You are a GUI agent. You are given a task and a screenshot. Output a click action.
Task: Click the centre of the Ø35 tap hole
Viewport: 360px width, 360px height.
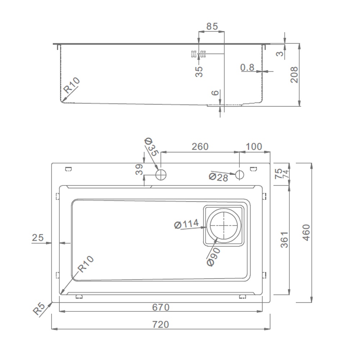point(161,175)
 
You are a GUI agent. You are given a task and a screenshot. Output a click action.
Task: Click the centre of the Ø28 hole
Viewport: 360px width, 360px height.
point(239,175)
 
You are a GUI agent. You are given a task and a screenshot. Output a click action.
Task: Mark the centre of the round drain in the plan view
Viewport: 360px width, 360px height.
point(224,225)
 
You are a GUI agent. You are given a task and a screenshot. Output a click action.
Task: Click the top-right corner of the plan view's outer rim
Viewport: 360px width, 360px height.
point(270,163)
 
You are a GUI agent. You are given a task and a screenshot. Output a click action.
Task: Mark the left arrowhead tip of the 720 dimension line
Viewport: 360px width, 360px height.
point(51,329)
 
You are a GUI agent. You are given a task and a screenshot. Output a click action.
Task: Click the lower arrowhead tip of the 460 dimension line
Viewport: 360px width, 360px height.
point(311,302)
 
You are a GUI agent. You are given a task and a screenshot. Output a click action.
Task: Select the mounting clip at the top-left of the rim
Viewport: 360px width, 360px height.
point(68,169)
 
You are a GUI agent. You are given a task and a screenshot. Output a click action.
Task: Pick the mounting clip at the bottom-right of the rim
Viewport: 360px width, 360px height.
point(242,297)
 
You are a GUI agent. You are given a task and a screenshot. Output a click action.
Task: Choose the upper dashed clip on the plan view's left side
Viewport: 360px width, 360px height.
point(57,196)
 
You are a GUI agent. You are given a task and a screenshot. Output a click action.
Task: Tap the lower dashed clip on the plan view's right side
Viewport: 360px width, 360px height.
point(264,275)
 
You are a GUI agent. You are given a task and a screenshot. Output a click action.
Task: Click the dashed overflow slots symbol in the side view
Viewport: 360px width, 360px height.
point(199,54)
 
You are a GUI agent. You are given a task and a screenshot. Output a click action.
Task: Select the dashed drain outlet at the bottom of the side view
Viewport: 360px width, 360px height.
point(225,105)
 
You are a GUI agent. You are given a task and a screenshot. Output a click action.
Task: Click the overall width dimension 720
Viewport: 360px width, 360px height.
point(161,324)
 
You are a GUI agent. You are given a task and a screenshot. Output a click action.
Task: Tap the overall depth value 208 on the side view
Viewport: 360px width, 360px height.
point(294,75)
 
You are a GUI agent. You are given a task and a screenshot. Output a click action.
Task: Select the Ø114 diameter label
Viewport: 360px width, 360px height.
point(186,224)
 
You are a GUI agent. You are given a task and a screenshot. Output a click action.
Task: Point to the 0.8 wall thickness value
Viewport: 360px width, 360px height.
point(247,68)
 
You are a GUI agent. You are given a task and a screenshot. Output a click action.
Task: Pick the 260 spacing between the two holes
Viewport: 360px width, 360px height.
point(200,147)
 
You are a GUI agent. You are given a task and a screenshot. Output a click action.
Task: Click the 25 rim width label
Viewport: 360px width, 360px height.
point(38,237)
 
